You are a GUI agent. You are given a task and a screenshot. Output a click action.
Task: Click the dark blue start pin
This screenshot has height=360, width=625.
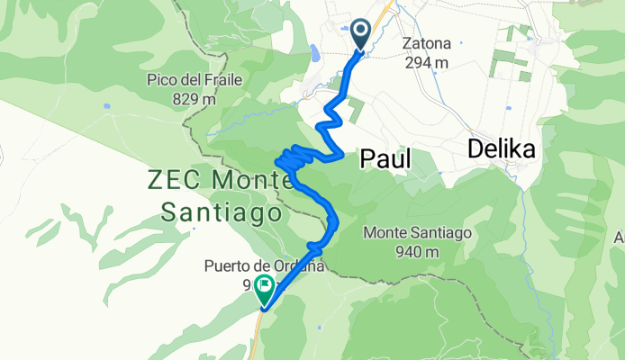[361, 34]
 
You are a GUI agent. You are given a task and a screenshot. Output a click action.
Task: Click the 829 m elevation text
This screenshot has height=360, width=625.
[195, 98]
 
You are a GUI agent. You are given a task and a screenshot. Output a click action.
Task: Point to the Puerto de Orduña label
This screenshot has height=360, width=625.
[263, 266]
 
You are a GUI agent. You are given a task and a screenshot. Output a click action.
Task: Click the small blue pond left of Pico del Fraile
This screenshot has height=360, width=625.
[107, 106]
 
